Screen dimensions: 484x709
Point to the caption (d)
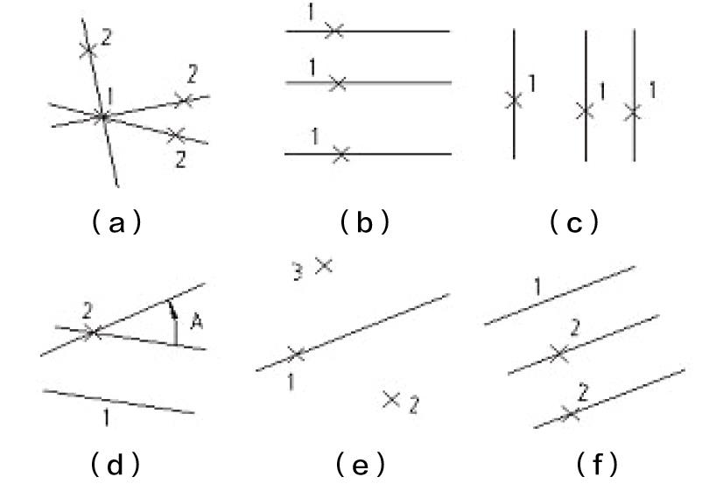116,463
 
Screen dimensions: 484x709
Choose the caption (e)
359,463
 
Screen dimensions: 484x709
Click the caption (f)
597,463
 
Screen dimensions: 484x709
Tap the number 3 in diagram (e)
297,273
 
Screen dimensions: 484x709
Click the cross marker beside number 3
324,264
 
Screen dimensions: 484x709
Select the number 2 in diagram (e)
415,404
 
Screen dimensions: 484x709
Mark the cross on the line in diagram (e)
296,354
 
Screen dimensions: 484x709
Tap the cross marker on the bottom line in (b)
341,154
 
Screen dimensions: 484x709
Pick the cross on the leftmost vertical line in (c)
514,101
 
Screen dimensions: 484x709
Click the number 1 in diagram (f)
537,286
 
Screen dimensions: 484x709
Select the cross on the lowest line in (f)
570,413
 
